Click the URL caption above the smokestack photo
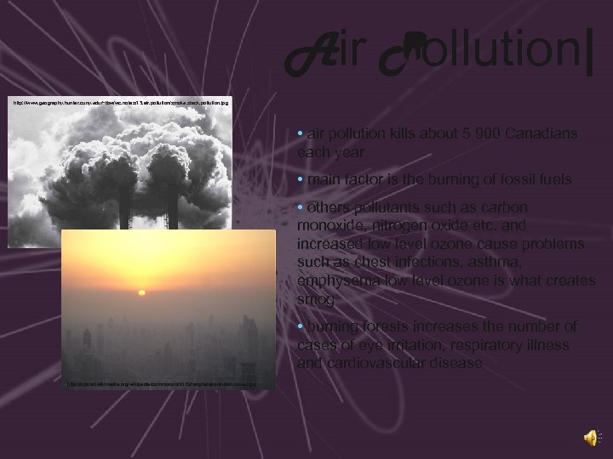click(x=119, y=102)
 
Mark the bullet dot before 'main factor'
click(x=301, y=180)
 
